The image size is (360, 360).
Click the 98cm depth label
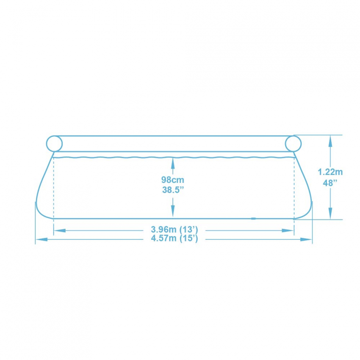pos(173,180)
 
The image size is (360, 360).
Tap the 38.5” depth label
pos(173,190)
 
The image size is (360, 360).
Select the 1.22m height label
pos(330,172)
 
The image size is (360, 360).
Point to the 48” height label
pos(330,183)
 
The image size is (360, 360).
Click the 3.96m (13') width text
pos(174,230)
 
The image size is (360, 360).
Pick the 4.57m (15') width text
pos(174,238)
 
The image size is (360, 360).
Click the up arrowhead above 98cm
pos(173,163)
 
